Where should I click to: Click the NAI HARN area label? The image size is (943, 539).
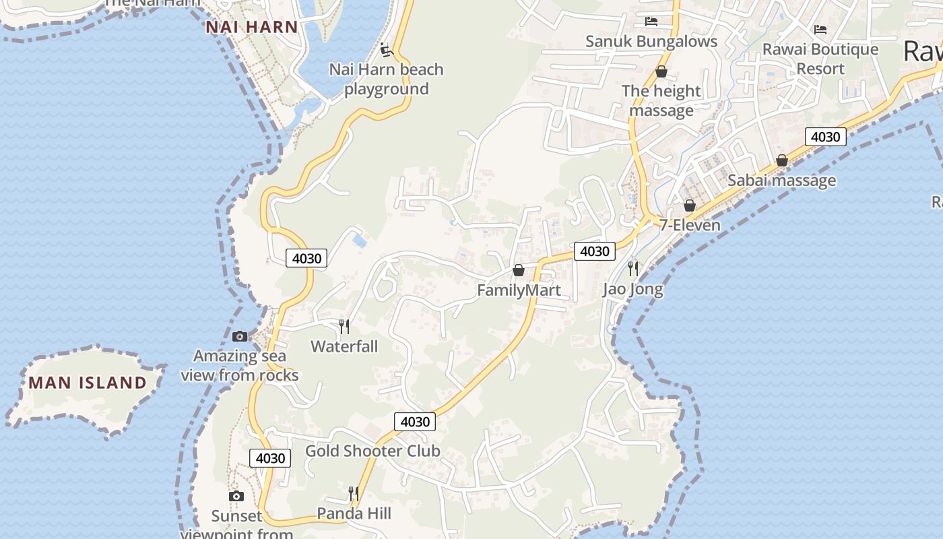[x=252, y=27]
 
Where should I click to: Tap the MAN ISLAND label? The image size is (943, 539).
[x=88, y=383]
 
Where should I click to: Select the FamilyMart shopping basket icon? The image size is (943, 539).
[x=519, y=270]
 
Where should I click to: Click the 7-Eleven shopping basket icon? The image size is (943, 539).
[x=689, y=205]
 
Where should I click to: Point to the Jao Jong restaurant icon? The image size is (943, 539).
[x=632, y=268]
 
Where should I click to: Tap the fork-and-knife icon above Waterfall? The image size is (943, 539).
[x=344, y=327]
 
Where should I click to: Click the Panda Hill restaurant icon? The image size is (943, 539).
[x=354, y=494]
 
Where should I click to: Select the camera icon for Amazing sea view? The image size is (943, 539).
[x=240, y=336]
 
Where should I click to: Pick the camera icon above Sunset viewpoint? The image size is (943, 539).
[x=236, y=497]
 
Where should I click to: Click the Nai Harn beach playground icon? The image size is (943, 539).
[x=386, y=50]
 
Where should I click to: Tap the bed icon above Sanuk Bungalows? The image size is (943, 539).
[x=651, y=21]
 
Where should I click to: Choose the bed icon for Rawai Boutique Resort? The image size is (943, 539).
[x=820, y=29]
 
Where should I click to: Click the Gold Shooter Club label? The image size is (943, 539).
[x=372, y=451]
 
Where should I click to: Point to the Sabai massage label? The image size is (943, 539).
[x=781, y=181]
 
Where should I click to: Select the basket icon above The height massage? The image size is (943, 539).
[x=661, y=71]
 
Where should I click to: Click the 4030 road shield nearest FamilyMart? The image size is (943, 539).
[x=594, y=251]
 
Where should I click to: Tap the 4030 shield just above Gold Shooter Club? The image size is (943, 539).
[x=415, y=422]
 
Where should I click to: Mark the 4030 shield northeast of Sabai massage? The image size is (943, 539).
[x=825, y=137]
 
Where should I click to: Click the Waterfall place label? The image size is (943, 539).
[x=344, y=346]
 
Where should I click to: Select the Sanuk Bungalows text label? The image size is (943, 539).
[x=651, y=41]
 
